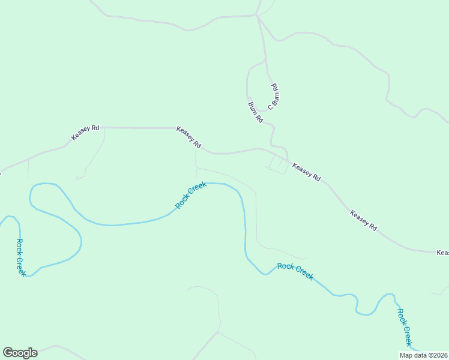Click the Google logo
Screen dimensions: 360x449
[x=20, y=353]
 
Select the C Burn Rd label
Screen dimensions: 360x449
[x=274, y=97]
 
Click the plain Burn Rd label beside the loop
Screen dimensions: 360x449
[x=256, y=112]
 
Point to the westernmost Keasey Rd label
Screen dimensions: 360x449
[x=85, y=133]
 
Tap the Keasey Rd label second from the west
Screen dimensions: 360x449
[x=188, y=138]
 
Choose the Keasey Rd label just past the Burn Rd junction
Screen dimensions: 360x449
[x=306, y=172]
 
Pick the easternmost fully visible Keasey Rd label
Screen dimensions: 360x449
[x=364, y=220]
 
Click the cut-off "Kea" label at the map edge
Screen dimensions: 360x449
[x=442, y=253]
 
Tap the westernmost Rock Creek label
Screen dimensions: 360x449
[x=20, y=257]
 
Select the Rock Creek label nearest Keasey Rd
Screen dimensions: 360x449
[x=191, y=196]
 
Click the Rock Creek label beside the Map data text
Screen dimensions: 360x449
[x=405, y=327]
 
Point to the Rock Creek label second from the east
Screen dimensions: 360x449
[x=295, y=271]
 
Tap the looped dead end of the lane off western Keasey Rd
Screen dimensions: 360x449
[x=79, y=178]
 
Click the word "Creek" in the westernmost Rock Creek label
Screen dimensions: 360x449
[x=22, y=266]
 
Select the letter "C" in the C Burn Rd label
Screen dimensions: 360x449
[x=271, y=107]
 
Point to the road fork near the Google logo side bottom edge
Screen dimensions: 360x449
[x=218, y=332]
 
